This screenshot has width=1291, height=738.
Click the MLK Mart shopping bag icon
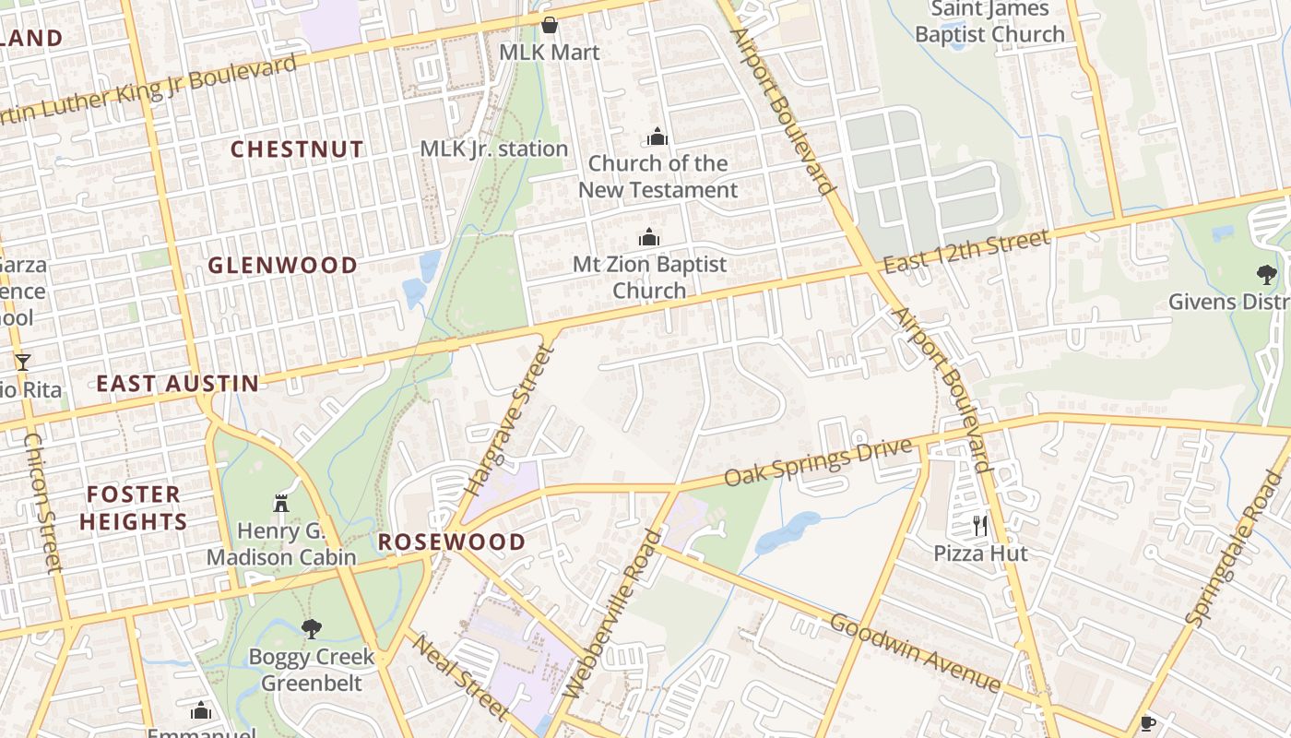click(550, 25)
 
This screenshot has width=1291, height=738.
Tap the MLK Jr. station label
click(493, 149)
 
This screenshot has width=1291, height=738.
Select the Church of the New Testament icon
click(657, 137)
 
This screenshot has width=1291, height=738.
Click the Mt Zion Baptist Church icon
click(649, 237)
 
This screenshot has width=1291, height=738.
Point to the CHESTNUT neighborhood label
click(297, 149)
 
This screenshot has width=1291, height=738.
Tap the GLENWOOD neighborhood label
click(282, 266)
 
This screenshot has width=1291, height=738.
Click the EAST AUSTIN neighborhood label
click(178, 384)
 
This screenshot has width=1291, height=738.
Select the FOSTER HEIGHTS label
click(133, 508)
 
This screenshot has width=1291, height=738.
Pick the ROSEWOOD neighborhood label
click(452, 542)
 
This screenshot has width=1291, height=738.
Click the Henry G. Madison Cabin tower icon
click(281, 503)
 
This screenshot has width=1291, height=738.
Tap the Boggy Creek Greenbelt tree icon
click(312, 629)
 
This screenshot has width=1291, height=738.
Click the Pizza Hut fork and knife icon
click(980, 526)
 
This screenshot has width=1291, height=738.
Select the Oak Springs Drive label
click(818, 464)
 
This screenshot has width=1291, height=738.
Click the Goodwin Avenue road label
click(915, 652)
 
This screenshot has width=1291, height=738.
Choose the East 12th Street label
click(965, 252)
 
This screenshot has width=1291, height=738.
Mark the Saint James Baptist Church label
click(989, 22)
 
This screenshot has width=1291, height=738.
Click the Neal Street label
click(458, 675)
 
